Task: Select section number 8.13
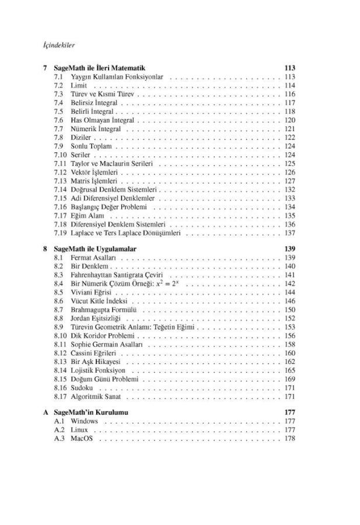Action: pyautogui.click(x=60, y=362)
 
